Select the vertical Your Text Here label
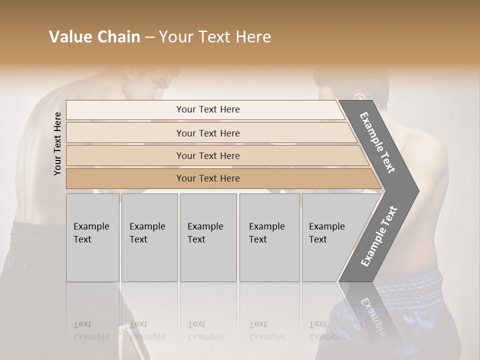(58, 143)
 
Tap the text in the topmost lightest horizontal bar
(208, 109)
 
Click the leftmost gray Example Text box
(92, 237)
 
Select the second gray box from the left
(149, 237)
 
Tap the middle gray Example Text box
(208, 237)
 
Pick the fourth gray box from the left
(269, 237)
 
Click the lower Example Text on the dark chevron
(379, 236)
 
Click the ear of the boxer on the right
(358, 96)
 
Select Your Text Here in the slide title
(215, 37)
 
